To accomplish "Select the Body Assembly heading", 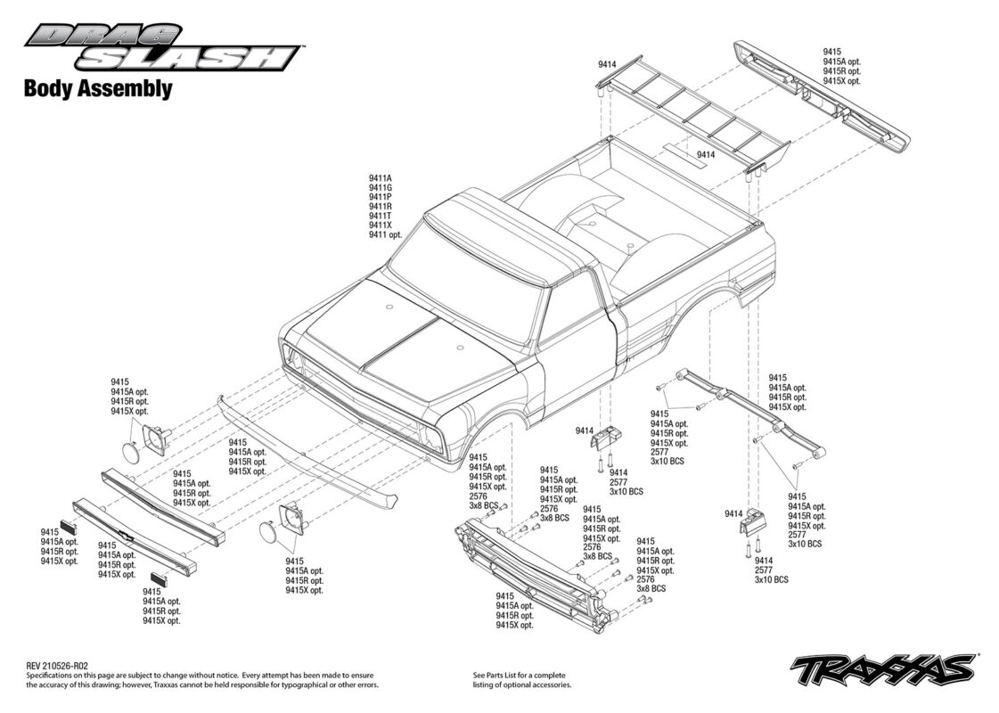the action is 98,88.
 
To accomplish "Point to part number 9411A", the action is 381,178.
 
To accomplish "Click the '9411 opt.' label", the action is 386,235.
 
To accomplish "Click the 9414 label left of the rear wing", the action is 607,64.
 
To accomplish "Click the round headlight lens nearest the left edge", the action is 133,452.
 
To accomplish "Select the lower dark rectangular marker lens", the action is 158,578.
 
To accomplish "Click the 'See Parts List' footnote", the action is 520,680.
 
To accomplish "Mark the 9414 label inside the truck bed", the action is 706,155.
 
